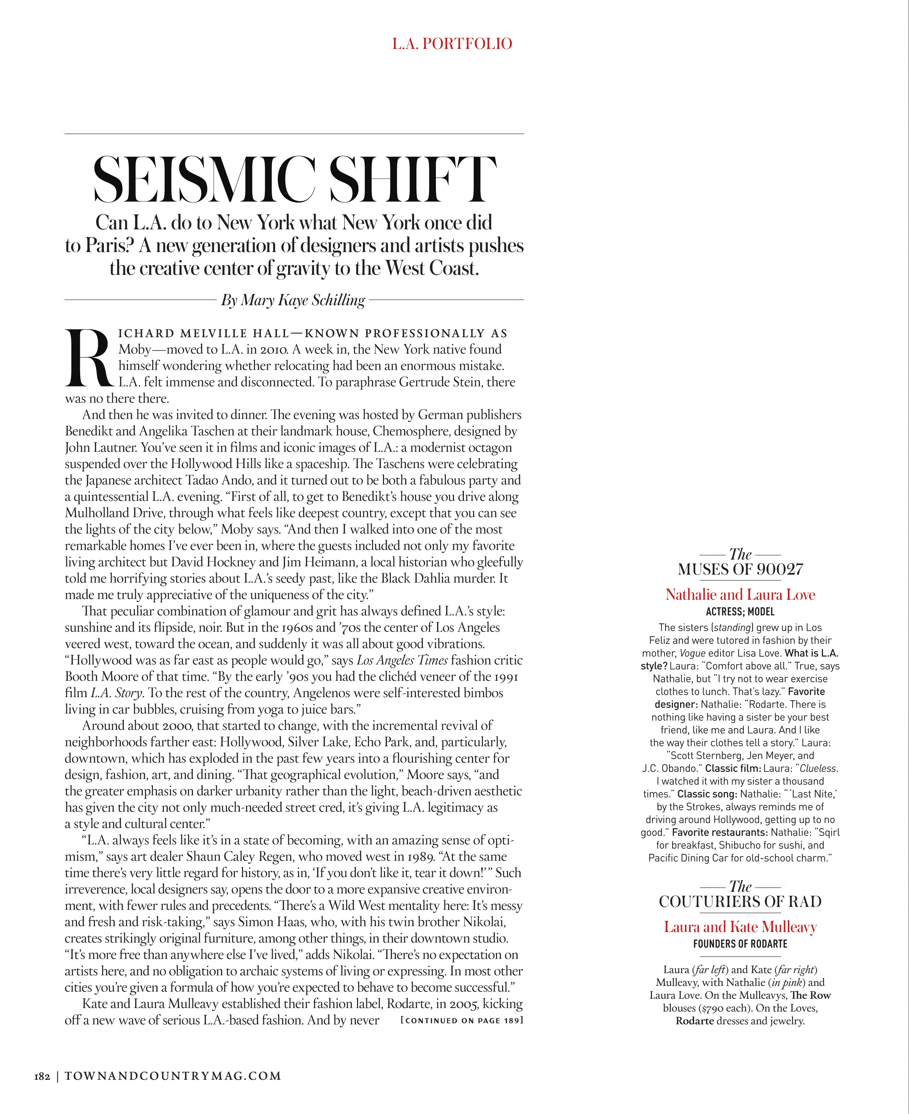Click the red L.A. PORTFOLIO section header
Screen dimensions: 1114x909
tap(452, 43)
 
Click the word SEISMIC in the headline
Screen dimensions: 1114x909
tap(204, 179)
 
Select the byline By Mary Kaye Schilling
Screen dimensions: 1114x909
tap(293, 300)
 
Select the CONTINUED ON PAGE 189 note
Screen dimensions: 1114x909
tap(461, 1020)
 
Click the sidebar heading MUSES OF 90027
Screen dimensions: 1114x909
tap(740, 569)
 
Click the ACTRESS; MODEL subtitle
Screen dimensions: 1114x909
tap(740, 612)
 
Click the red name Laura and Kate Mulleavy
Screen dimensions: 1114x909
tap(740, 927)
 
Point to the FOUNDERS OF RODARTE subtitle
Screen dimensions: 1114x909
tap(740, 944)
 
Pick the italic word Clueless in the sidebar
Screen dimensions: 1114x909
tap(819, 768)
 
